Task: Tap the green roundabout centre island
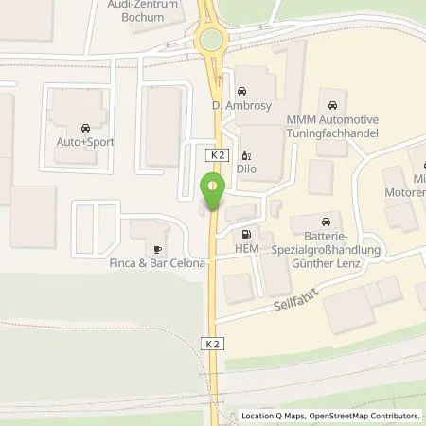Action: point(210,41)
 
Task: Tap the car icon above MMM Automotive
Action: point(332,104)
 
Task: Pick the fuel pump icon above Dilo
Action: point(245,156)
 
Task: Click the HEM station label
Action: point(247,249)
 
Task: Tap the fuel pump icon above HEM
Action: point(247,233)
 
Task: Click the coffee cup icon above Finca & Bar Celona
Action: point(157,248)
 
